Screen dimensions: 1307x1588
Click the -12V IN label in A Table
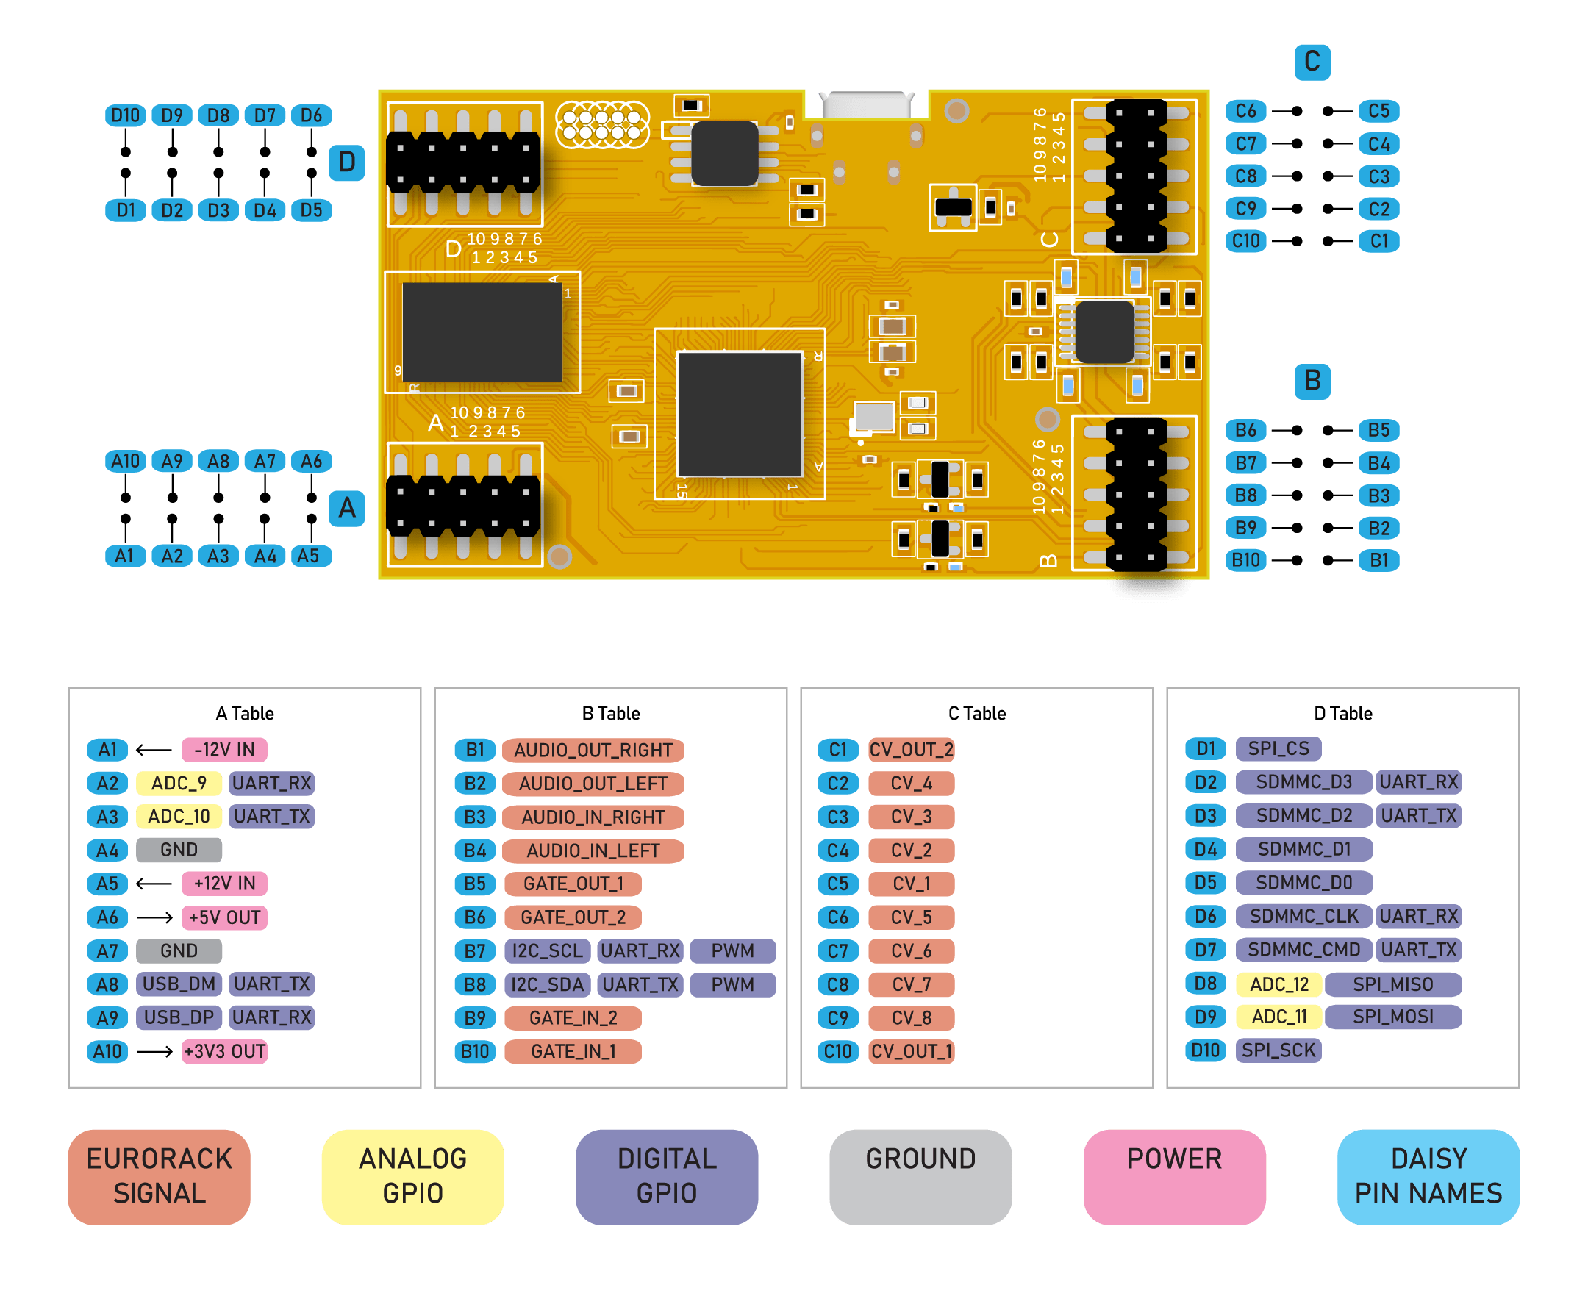point(224,750)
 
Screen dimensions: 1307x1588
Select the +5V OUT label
point(224,917)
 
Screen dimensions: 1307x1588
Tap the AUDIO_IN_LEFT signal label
point(593,851)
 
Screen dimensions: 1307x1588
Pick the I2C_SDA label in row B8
point(548,985)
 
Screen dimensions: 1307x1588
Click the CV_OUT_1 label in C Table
point(911,1051)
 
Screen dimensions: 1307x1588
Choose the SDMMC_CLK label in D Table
point(1303,916)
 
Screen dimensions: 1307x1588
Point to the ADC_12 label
point(1278,984)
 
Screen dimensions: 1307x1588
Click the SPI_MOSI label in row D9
point(1392,1017)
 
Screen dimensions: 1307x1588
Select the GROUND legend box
point(920,1176)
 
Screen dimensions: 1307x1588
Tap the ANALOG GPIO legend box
point(412,1176)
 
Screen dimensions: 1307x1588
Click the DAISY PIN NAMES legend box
point(1428,1176)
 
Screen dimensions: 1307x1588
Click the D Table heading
point(1342,714)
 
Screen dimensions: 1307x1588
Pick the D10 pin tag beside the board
point(125,115)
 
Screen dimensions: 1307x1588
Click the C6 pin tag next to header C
point(1245,112)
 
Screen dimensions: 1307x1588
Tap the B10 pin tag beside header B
point(1245,560)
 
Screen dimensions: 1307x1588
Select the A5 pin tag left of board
point(309,556)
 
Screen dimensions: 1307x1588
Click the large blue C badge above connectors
point(1312,62)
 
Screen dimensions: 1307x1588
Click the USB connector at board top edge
point(867,104)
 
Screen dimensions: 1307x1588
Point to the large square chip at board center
point(740,414)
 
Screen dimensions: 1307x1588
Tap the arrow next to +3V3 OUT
point(154,1051)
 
